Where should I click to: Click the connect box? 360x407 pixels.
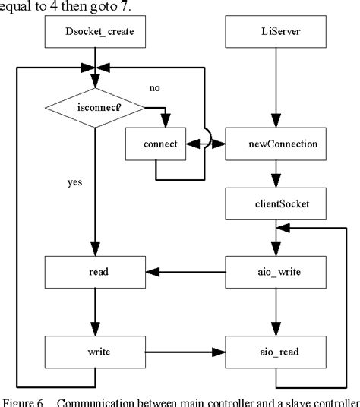[x=156, y=144]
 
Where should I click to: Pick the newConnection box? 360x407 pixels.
[x=271, y=144]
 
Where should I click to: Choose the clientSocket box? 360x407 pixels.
[x=271, y=204]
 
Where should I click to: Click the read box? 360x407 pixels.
[x=93, y=271]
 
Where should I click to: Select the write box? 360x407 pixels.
[x=93, y=352]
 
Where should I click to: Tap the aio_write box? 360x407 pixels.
[x=271, y=271]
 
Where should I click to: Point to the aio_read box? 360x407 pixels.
[x=271, y=352]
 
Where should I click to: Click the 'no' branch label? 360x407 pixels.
[x=155, y=89]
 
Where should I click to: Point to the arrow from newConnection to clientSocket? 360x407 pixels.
[x=271, y=175]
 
